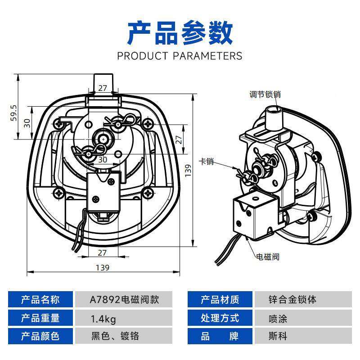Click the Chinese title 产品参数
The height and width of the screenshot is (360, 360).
pos(180,32)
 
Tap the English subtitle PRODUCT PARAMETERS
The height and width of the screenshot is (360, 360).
pos(180,56)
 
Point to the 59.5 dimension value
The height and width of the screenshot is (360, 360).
pos(14,113)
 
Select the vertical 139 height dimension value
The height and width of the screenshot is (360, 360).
pos(189,169)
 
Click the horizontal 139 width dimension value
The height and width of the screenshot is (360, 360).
pos(103,267)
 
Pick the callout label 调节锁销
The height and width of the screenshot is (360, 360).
pos(265,94)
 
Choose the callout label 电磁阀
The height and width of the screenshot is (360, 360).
pos(268,257)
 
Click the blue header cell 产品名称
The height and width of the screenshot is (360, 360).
pos(40,300)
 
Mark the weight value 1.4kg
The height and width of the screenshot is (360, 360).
pos(103,319)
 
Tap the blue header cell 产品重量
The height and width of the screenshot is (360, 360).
pos(40,319)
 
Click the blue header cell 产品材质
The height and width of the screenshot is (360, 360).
pos(220,300)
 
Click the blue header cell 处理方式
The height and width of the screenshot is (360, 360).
pos(220,319)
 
